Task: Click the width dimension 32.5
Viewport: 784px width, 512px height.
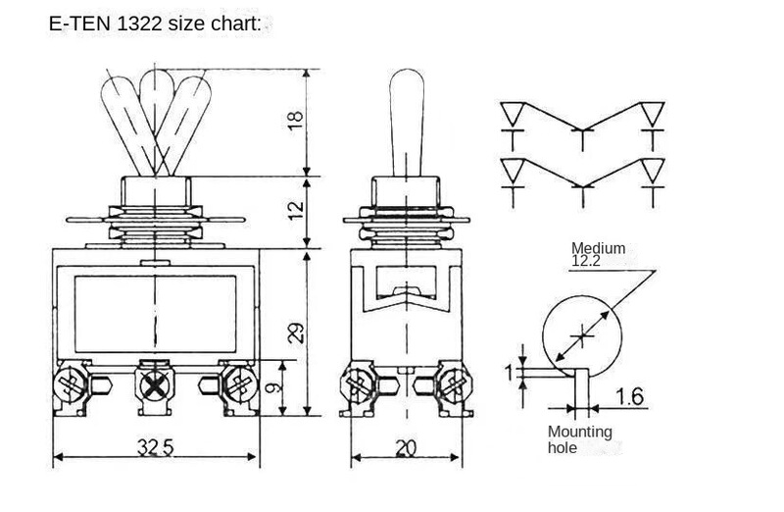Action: click(x=154, y=448)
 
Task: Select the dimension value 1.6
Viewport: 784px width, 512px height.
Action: click(x=631, y=396)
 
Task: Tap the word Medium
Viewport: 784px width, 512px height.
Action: click(x=598, y=248)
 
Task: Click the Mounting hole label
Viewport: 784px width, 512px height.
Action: click(x=580, y=439)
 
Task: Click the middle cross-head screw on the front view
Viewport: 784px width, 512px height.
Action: click(x=154, y=384)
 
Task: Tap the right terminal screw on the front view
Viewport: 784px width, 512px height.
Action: click(x=236, y=382)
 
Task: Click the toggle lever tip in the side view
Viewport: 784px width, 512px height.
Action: click(x=407, y=83)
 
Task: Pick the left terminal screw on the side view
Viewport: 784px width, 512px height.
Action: click(x=359, y=384)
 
